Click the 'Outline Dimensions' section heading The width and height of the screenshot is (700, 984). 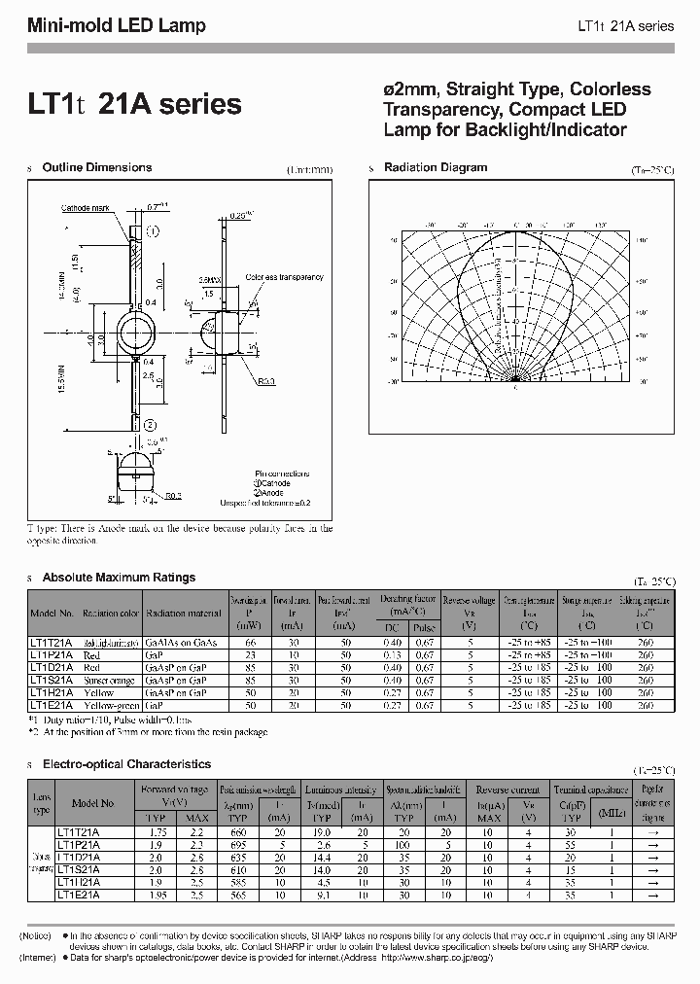pyautogui.click(x=97, y=167)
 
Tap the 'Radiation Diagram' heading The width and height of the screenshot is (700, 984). pyautogui.click(x=436, y=167)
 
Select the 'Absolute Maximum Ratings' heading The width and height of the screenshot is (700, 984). pyautogui.click(x=119, y=578)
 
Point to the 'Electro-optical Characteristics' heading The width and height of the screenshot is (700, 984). pyautogui.click(x=126, y=764)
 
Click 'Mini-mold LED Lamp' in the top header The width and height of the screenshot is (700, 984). pyautogui.click(x=116, y=26)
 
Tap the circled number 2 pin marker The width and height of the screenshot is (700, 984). pyautogui.click(x=150, y=425)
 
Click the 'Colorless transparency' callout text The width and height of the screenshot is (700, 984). pyautogui.click(x=284, y=277)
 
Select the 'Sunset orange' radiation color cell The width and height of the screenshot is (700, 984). pyautogui.click(x=109, y=681)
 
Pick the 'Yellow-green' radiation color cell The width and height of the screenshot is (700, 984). pyautogui.click(x=110, y=705)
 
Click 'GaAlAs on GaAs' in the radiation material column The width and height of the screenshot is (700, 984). pyautogui.click(x=182, y=643)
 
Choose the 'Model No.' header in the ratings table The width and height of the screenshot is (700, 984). pyautogui.click(x=52, y=614)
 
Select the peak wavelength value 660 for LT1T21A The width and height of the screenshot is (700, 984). pyautogui.click(x=236, y=832)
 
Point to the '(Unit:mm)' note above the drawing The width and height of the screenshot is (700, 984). pyautogui.click(x=309, y=169)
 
